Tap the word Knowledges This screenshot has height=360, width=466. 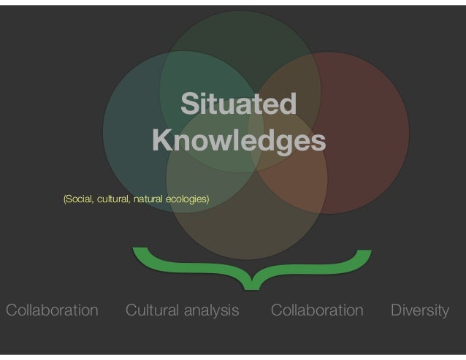pos(239,138)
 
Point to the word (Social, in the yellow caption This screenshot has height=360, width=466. pos(80,199)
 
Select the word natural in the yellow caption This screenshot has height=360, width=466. pos(151,199)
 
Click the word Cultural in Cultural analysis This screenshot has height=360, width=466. pos(153,310)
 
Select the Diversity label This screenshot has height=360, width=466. pos(419,310)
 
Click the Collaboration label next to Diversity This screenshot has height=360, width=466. pos(316,310)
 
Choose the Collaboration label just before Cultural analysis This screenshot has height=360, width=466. pos(52,310)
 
